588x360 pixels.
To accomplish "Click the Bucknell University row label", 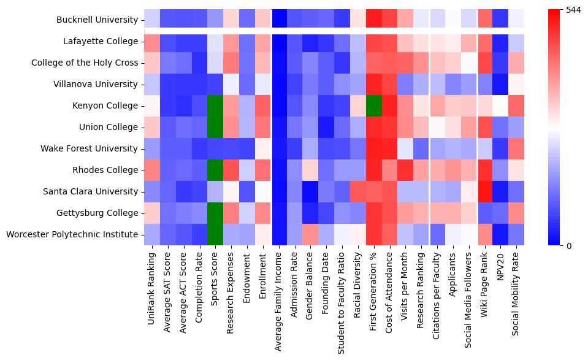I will (96, 20).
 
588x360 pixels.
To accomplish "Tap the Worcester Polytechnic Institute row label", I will (72, 234).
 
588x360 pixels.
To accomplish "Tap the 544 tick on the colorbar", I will (573, 10).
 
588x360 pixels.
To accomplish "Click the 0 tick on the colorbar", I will (568, 245).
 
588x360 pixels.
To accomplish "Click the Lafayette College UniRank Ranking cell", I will (151, 41).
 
